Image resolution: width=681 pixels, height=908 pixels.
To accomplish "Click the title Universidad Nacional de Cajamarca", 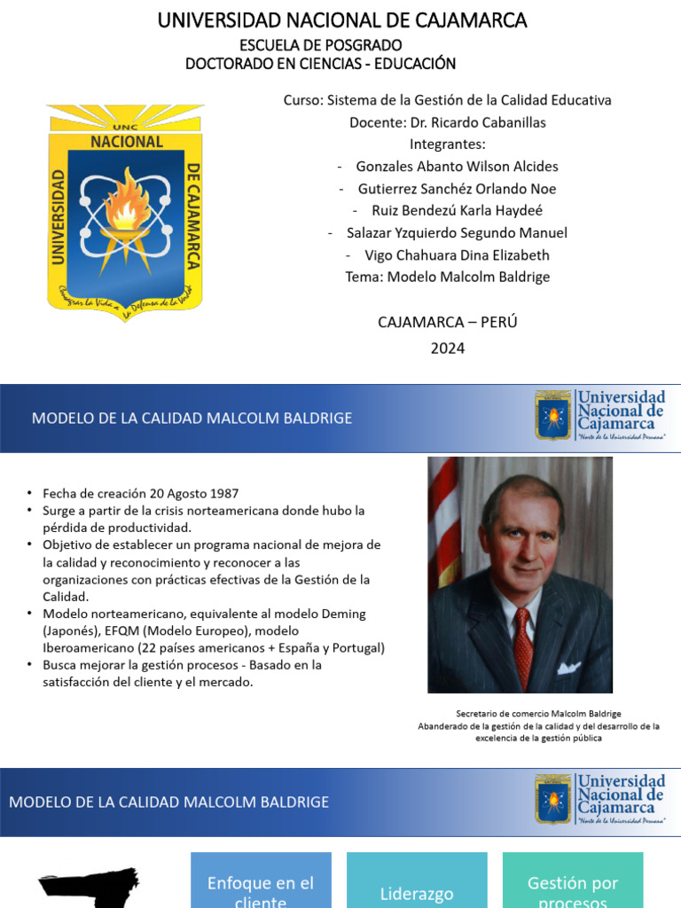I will [x=341, y=20].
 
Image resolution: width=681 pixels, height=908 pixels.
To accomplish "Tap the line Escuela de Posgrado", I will [x=320, y=44].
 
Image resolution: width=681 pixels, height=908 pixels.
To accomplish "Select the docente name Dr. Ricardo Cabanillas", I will [x=447, y=122].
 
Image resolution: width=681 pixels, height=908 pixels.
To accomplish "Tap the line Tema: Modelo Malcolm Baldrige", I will [x=447, y=278].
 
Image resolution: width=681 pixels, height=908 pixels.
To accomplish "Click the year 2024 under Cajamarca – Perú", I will [x=447, y=348].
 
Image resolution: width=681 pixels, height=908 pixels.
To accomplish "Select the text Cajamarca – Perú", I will [x=447, y=322].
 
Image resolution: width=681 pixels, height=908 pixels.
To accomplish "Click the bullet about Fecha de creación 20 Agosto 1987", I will [x=139, y=494].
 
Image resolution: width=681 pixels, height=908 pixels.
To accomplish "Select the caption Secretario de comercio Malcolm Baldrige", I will [x=538, y=714].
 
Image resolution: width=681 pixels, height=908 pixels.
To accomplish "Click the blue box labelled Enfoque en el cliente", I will [x=261, y=883].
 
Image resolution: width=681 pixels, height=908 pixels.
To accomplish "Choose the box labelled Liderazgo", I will [x=417, y=887].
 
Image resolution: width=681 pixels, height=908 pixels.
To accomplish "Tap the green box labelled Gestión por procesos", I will [x=572, y=883].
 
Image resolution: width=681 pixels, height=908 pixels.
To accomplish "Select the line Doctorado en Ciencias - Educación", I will [x=320, y=64].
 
